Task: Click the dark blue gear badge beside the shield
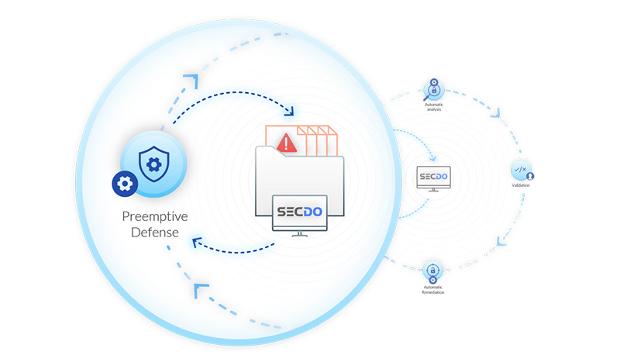tap(123, 184)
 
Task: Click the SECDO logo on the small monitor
tap(433, 177)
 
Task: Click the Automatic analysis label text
tap(432, 106)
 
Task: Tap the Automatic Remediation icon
tap(432, 272)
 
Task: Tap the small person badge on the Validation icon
tap(530, 176)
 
